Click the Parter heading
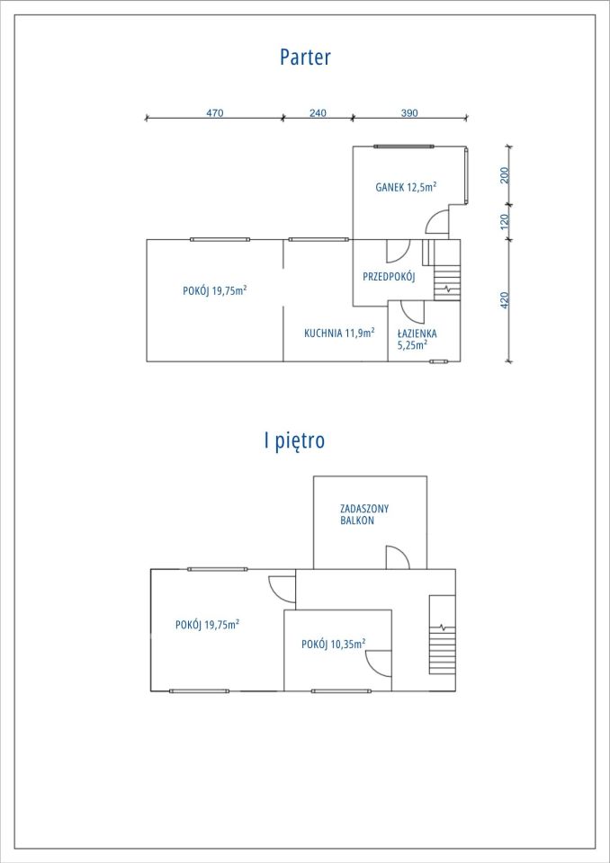pos(305,58)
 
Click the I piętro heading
pos(294,440)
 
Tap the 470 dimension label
pos(215,113)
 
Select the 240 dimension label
pos(318,113)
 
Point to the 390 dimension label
pos(409,113)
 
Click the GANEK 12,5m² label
pos(406,187)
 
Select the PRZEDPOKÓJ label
pos(389,277)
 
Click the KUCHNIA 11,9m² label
pos(339,333)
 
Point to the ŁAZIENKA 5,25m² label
pos(417,339)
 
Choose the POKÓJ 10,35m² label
pos(334,644)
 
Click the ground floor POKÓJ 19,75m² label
pos(214,290)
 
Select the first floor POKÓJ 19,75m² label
pos(207,625)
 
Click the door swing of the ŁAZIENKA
pos(413,312)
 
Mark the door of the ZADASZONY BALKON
pos(398,557)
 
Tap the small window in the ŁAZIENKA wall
pos(439,361)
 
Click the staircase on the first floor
pos(443,634)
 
